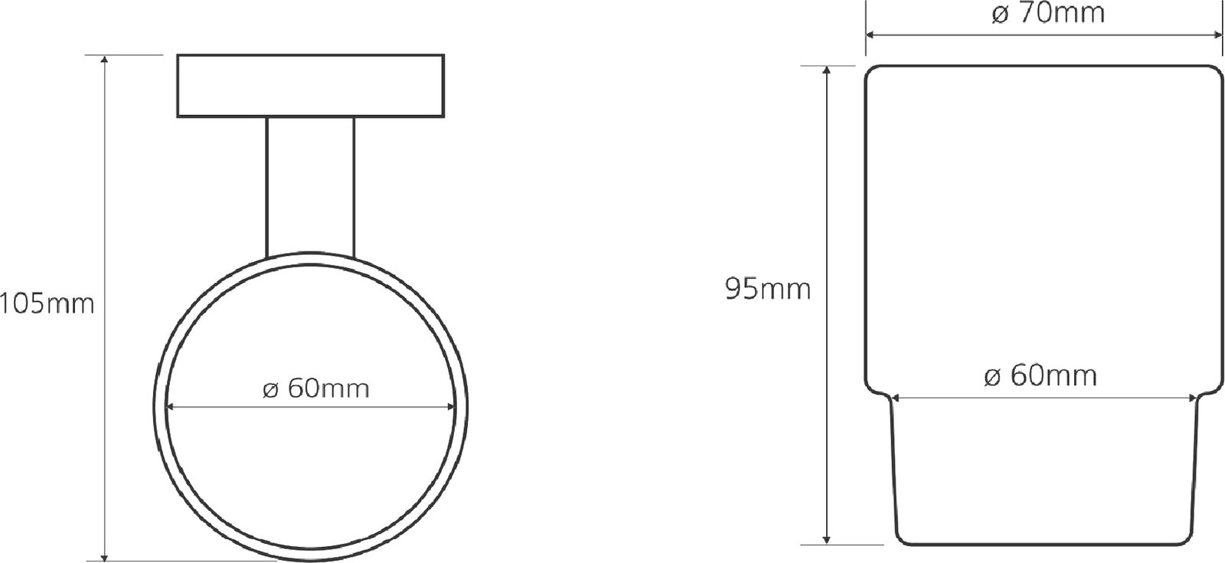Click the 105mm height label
pyautogui.click(x=47, y=303)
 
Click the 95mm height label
pyautogui.click(x=768, y=289)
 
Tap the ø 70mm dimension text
pyautogui.click(x=1048, y=13)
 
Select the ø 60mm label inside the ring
pyautogui.click(x=316, y=388)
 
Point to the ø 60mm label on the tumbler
pyautogui.click(x=1040, y=376)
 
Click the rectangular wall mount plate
pyautogui.click(x=311, y=86)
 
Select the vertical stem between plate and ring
pyautogui.click(x=310, y=187)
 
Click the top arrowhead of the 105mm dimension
pyautogui.click(x=104, y=60)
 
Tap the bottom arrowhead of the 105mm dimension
pyautogui.click(x=104, y=556)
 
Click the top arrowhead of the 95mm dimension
pyautogui.click(x=827, y=70)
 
